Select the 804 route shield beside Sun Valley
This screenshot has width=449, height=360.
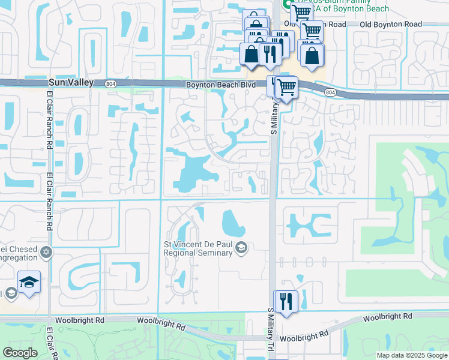pos(110,83)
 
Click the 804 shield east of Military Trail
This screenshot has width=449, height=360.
pos(331,92)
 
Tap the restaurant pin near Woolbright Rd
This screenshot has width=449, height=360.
pos(286,301)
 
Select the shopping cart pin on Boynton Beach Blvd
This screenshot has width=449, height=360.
pos(286,88)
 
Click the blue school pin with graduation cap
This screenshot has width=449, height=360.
pos(29,281)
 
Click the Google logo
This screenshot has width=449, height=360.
pos(20,353)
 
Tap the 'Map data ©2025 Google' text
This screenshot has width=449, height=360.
pos(411,355)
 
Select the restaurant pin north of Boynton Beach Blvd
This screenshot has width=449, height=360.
pos(270,53)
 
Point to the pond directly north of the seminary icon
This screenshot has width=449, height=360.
pos(233,223)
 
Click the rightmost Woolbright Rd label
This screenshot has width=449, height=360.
pos(387,316)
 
